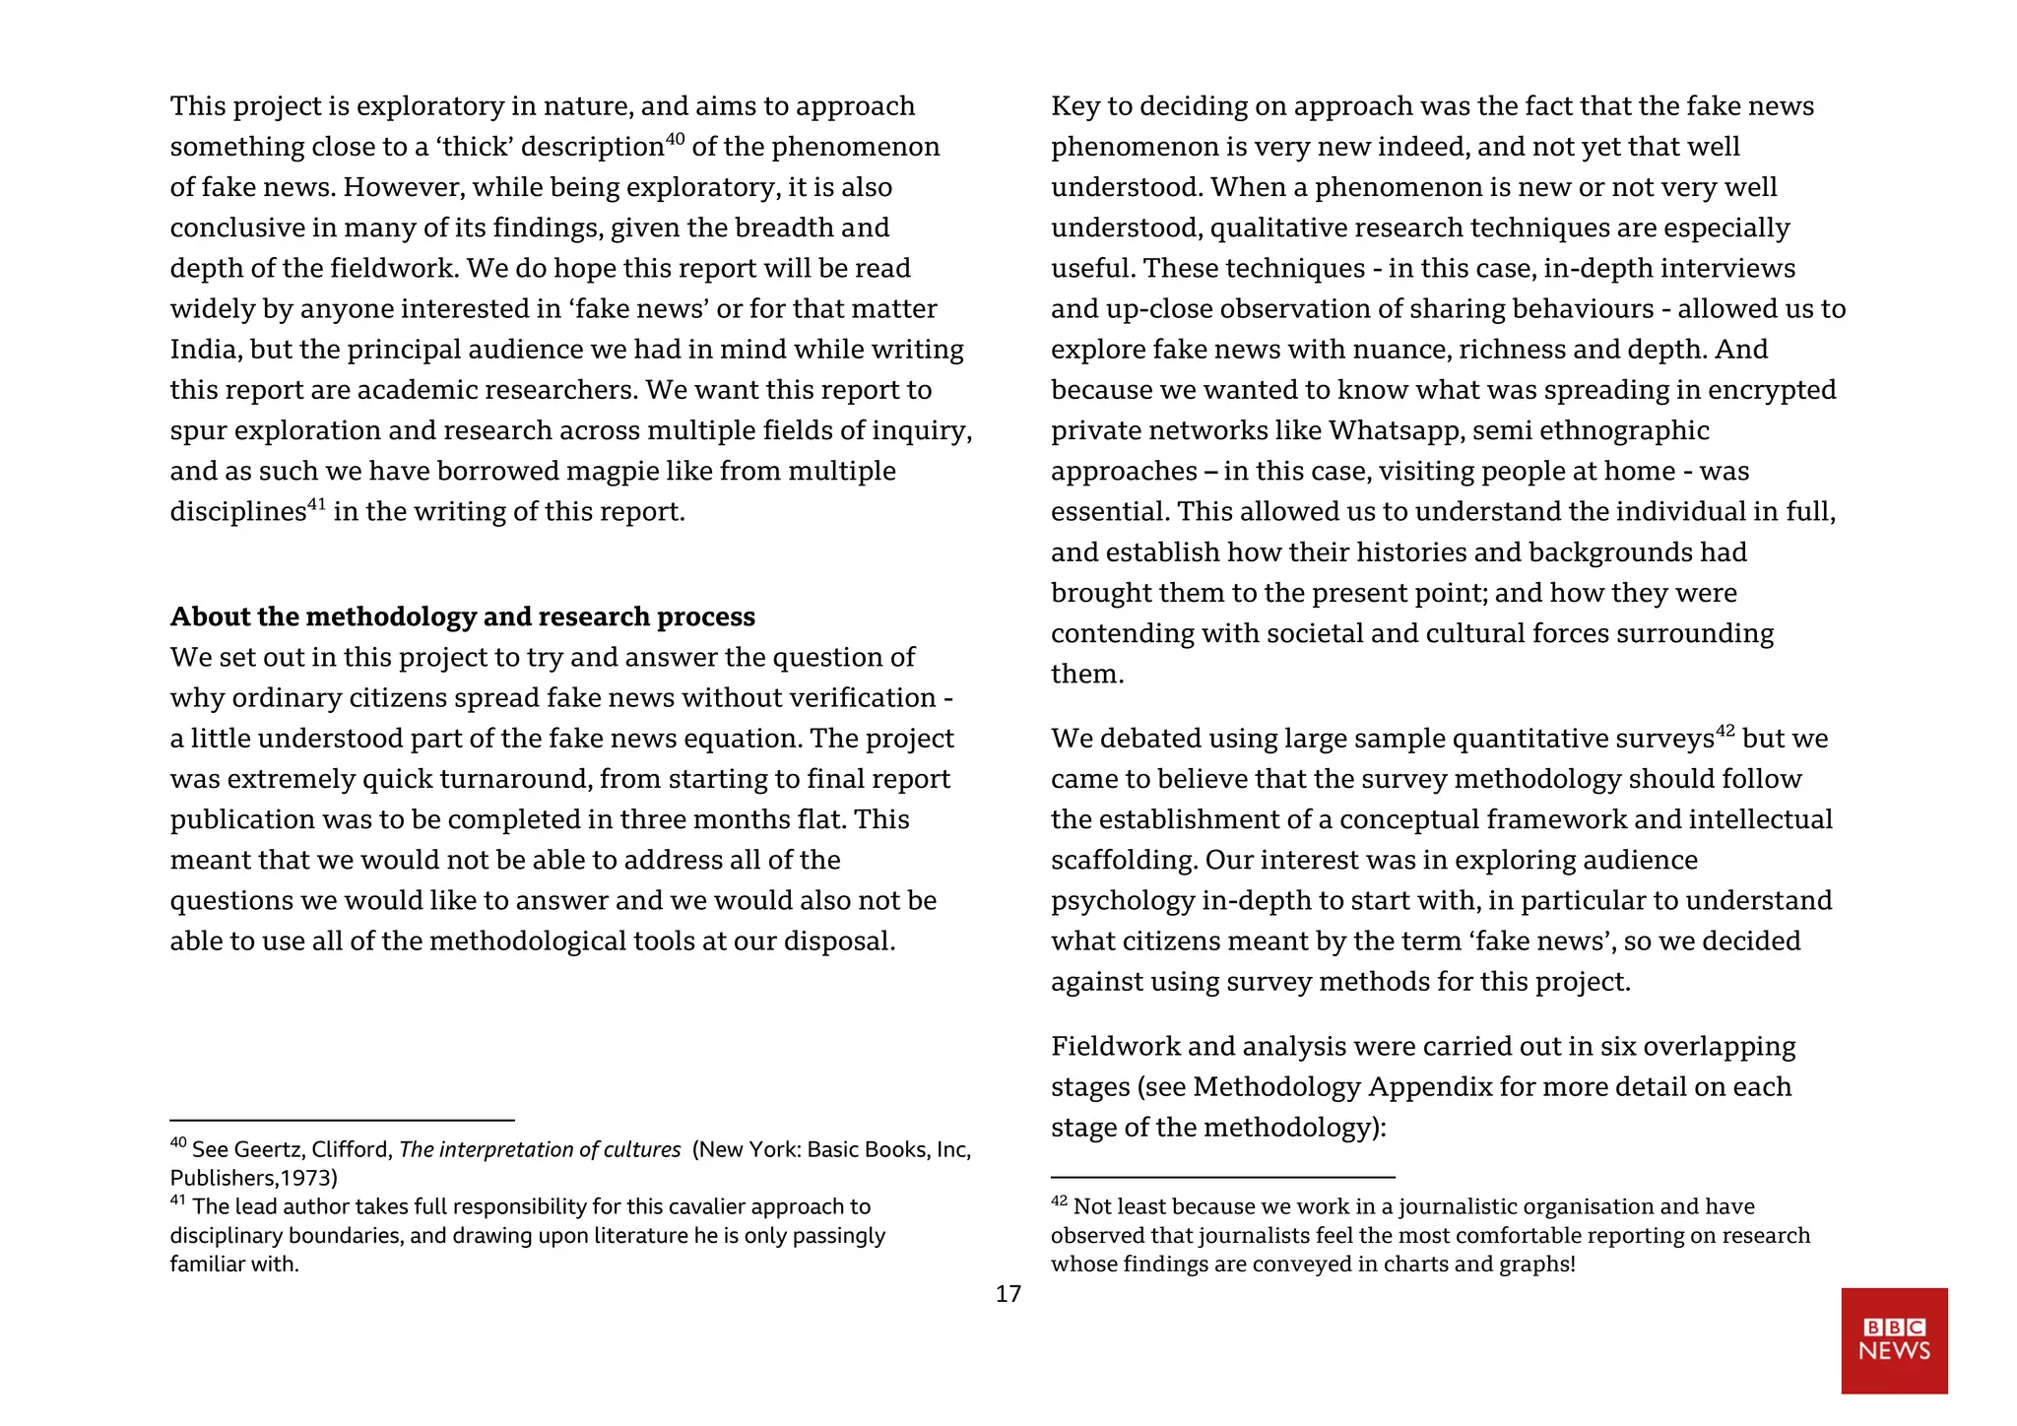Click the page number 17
[x=1008, y=1294]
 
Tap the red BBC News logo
[x=1894, y=1340]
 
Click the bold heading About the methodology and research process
[x=462, y=616]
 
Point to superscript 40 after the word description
[x=675, y=139]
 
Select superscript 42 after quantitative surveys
[x=1724, y=731]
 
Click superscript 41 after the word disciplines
[x=316, y=504]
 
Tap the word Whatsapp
[x=1395, y=430]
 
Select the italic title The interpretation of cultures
[x=540, y=1149]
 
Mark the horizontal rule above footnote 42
[x=1222, y=1177]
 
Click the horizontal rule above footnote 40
[x=342, y=1120]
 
